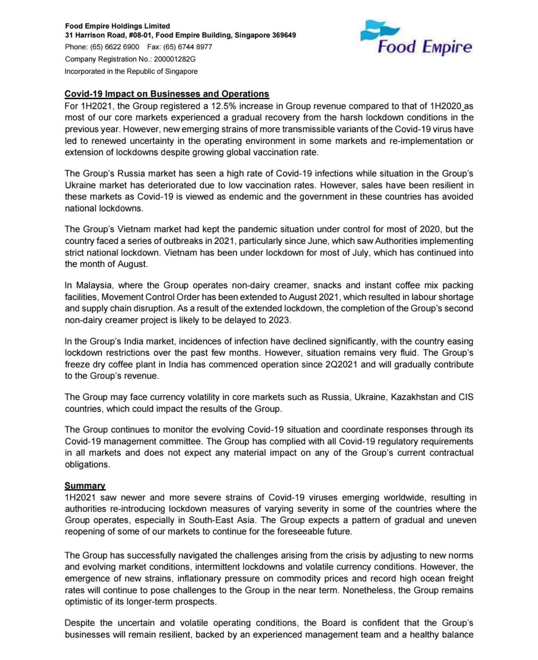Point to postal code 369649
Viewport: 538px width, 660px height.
[x=284, y=35]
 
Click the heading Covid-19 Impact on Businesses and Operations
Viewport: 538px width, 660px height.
[x=167, y=93]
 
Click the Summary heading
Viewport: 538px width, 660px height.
[x=85, y=485]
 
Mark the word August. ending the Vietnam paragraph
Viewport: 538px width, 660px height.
[x=133, y=264]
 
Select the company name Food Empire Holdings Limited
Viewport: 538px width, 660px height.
[x=117, y=26]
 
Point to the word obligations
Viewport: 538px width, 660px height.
[x=87, y=464]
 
